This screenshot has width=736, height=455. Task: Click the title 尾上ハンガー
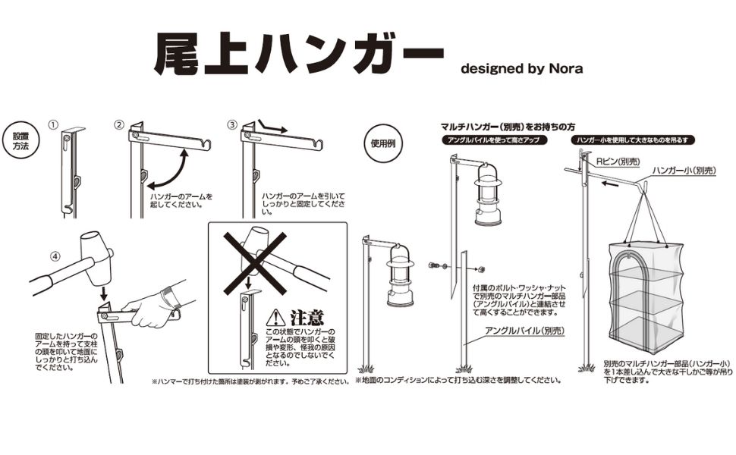[297, 55]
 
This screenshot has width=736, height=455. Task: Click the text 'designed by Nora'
[522, 68]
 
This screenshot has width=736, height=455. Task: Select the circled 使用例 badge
[382, 143]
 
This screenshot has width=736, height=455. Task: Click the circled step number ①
[53, 124]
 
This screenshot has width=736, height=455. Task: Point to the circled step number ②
[119, 124]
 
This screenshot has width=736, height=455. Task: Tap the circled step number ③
[232, 124]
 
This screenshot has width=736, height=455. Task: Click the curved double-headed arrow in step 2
[168, 169]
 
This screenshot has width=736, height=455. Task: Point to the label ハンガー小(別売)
[683, 171]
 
